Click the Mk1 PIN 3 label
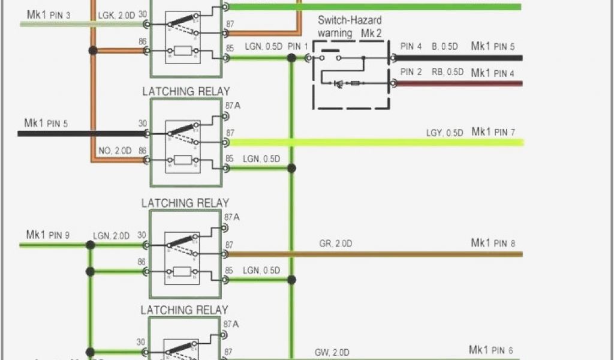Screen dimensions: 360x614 (x=49, y=13)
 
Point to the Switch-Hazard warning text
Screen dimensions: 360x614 (x=341, y=27)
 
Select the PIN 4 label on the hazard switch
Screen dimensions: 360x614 (x=411, y=46)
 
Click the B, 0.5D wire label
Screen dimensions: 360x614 (x=444, y=46)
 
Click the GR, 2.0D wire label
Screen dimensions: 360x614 (x=335, y=244)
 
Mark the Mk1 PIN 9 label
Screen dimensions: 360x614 (x=47, y=235)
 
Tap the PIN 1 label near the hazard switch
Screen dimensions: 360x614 (x=298, y=46)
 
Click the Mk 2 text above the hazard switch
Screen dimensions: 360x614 (x=371, y=34)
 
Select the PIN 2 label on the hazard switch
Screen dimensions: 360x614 (x=411, y=73)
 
